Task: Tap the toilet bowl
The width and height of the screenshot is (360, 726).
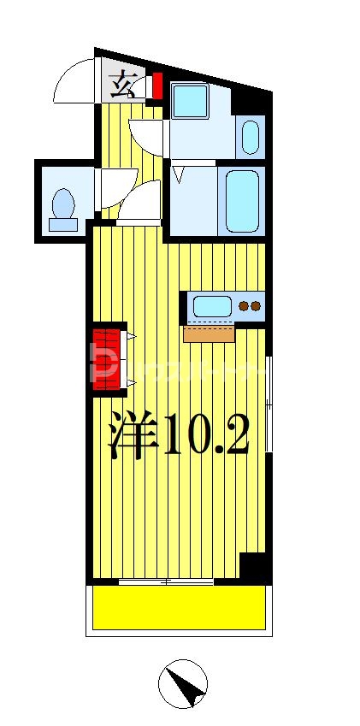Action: coord(63,204)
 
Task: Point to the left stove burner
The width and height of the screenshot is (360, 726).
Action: coord(244,305)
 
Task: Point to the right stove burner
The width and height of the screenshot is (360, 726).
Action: coord(256,305)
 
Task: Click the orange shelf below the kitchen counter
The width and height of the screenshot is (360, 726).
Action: coord(209,333)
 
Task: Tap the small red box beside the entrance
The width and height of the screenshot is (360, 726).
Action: coord(156,86)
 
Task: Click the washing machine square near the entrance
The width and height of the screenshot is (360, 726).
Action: coord(189,101)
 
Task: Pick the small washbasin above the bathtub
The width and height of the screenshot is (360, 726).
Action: coord(251,136)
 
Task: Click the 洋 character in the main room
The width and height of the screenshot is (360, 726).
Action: coord(133,436)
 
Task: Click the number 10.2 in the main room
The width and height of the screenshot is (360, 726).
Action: coord(206,436)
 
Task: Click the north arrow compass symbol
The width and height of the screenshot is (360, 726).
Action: coord(183,683)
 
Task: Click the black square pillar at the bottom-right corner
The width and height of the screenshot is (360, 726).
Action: coord(253,567)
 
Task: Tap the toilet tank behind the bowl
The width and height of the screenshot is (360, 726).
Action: coord(62,225)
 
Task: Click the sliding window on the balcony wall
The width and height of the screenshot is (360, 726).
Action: coord(166,582)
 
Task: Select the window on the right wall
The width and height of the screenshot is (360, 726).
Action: coord(269,402)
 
